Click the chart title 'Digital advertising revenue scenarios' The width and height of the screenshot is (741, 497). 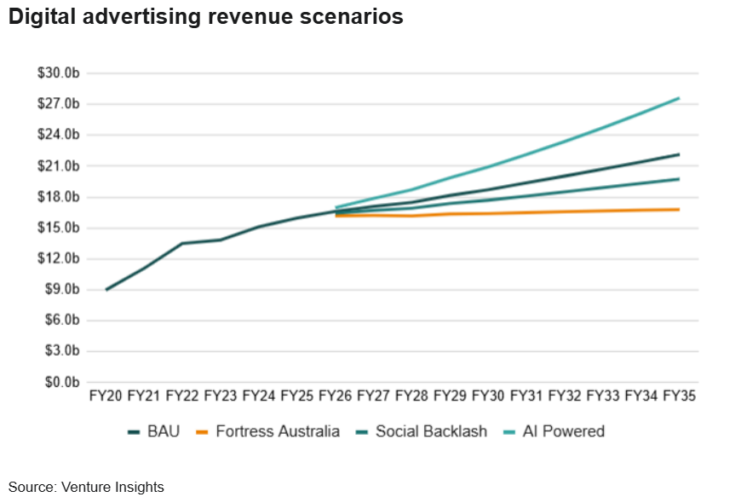coord(205,17)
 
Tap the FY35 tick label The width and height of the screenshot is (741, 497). coord(680,396)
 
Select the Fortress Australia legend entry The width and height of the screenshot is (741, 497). coord(278,431)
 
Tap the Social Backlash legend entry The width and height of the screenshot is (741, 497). coord(431,431)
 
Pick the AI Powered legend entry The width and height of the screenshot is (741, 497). coord(564,431)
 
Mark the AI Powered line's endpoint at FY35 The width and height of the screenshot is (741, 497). coord(679,98)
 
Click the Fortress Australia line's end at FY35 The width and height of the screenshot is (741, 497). coord(679,209)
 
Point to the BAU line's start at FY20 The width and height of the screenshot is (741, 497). coord(106,290)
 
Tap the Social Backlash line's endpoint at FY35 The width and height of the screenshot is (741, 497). coord(679,179)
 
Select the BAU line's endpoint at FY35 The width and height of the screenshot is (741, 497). coord(679,154)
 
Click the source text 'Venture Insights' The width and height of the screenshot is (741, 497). coord(112,487)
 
